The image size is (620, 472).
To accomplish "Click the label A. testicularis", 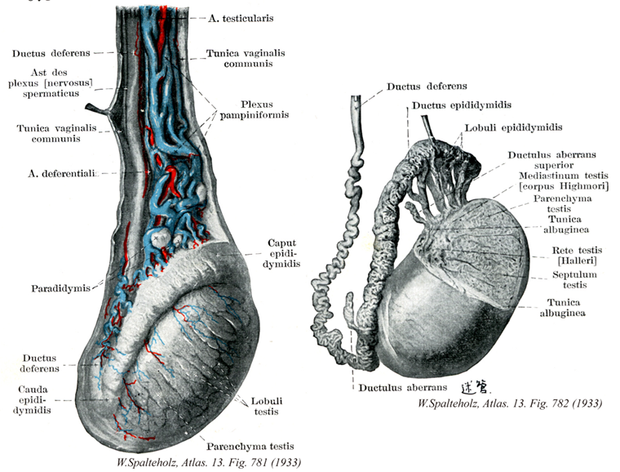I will coord(241,16).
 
